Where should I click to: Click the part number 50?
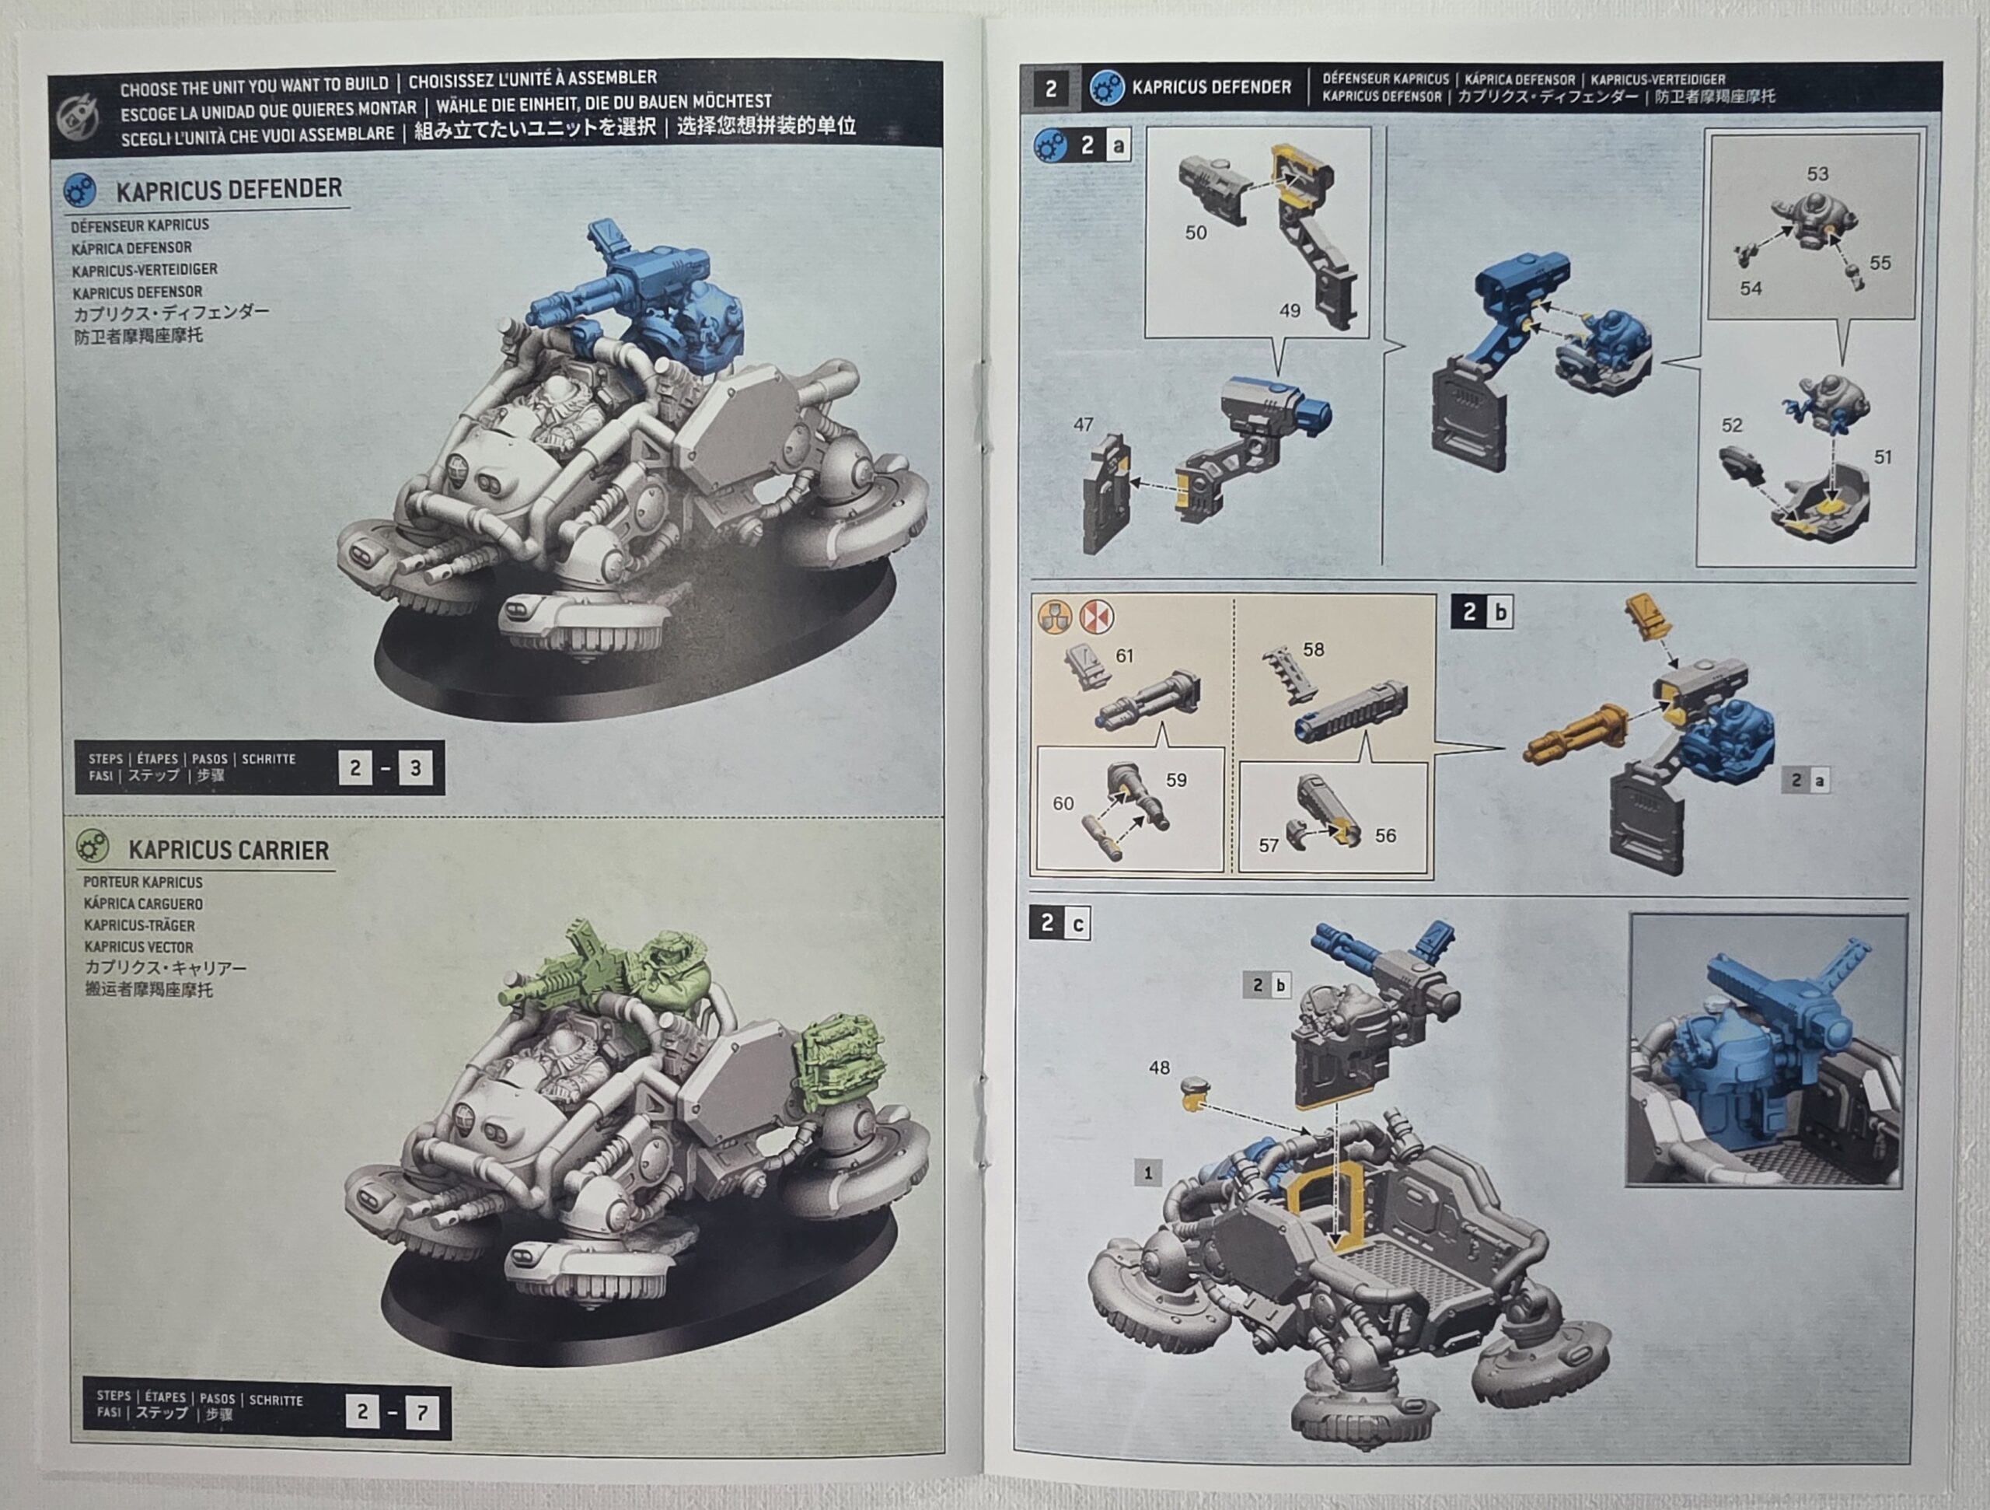tap(1196, 232)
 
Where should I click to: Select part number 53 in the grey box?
tap(1817, 173)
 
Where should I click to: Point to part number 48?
tap(1159, 1068)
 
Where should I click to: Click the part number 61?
tap(1125, 656)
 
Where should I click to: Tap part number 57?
tap(1269, 845)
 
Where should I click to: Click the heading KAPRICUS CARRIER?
tap(229, 851)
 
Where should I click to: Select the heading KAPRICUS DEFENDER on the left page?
tap(229, 189)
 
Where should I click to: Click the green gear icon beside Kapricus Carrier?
tap(92, 847)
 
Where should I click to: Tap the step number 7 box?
tap(422, 1412)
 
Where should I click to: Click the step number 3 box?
tap(416, 767)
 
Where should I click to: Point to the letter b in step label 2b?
tap(1500, 613)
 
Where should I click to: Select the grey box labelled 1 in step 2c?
tap(1147, 1173)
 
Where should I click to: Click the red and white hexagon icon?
tap(1096, 617)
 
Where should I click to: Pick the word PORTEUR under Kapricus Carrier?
tap(113, 882)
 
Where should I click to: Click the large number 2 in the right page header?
tap(1051, 88)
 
